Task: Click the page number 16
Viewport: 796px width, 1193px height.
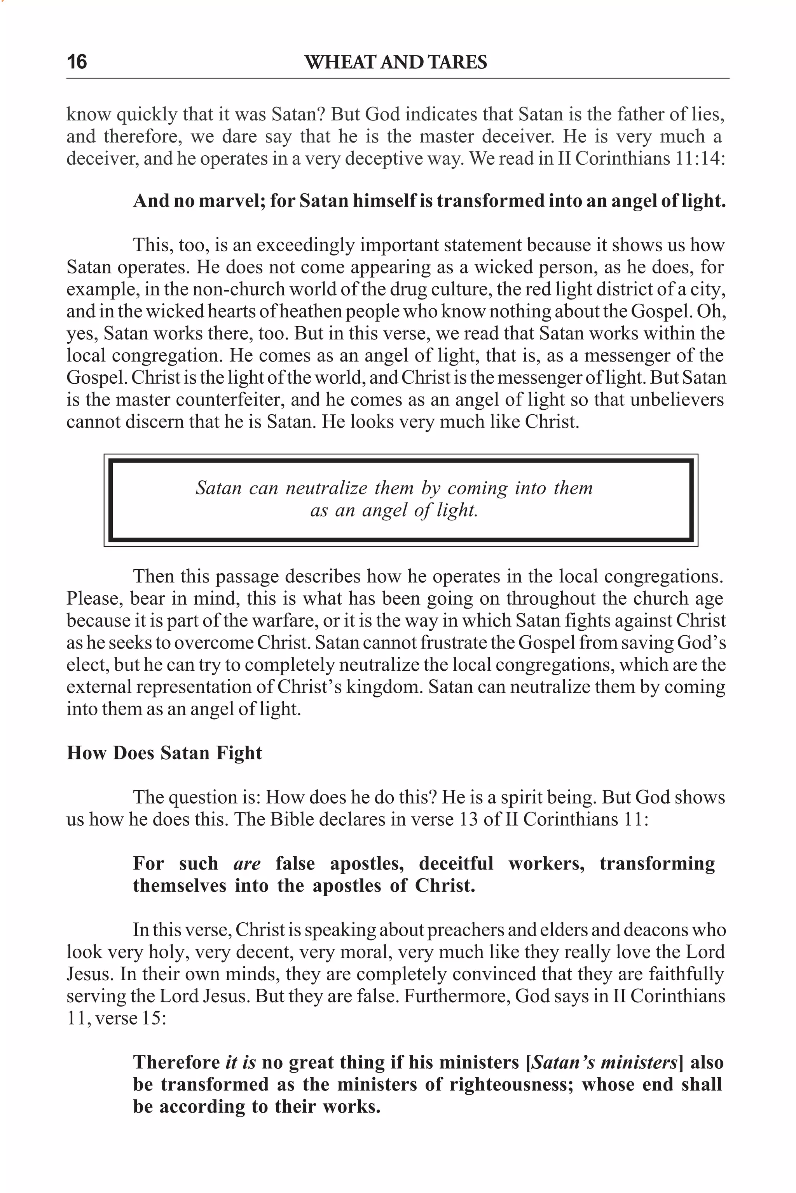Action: coord(77,62)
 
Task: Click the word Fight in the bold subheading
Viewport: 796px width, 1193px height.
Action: coord(239,753)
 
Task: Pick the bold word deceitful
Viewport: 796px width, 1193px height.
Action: coord(456,863)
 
